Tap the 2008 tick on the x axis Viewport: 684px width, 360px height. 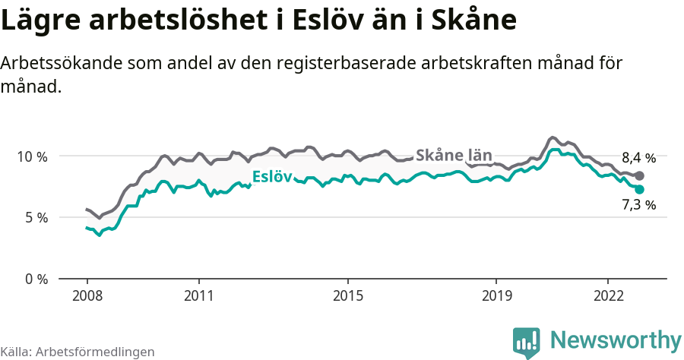pos(87,295)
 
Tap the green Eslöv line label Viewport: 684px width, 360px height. pos(272,178)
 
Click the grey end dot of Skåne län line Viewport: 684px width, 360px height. pos(639,176)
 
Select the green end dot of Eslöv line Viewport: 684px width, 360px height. pos(639,189)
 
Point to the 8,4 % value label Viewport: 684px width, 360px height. pos(638,158)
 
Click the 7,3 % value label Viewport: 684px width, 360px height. pos(638,204)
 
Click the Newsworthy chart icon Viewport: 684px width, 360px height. pos(527,342)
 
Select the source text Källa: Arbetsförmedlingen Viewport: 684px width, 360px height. pos(78,352)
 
